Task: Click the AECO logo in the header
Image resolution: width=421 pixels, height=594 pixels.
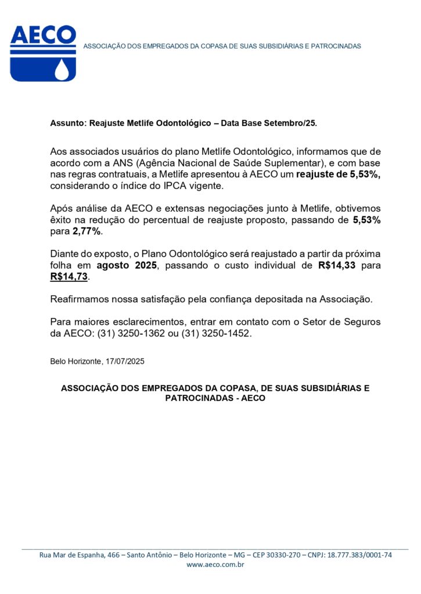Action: pos(43,53)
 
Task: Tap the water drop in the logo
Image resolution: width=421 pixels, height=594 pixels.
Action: pos(62,70)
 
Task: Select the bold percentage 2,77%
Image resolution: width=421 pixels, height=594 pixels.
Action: pos(86,231)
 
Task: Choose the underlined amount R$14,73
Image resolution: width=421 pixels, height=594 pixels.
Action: pos(70,277)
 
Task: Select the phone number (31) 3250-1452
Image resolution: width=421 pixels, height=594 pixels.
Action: pos(217,334)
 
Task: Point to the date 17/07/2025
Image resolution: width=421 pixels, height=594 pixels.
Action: pos(125,361)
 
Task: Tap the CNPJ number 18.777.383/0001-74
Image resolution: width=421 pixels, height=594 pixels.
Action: pos(359,555)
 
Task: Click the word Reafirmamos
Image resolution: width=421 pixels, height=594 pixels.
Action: pos(80,299)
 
